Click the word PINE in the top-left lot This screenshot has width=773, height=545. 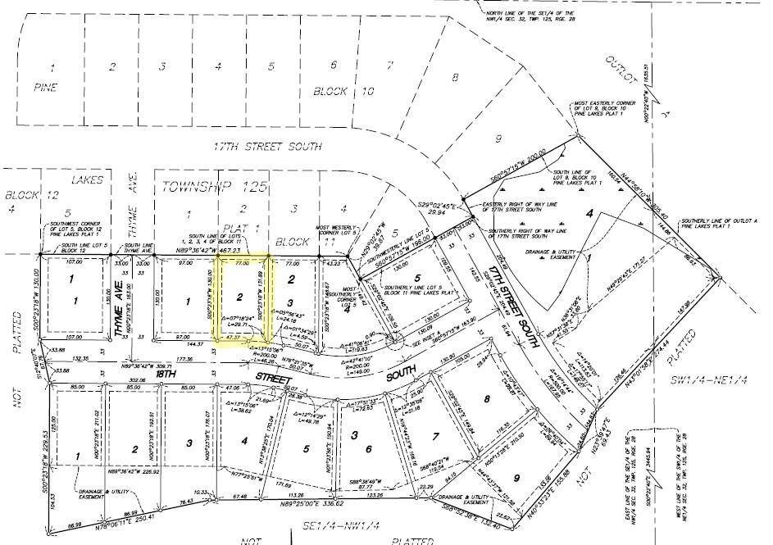point(51,85)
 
